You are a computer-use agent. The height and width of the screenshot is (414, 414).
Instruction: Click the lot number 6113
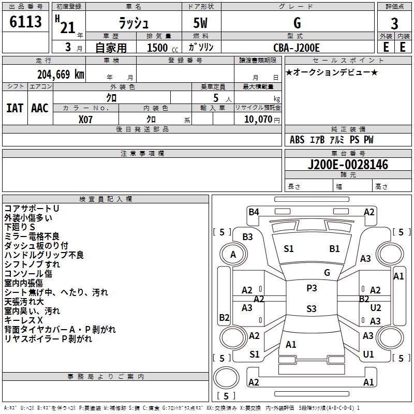point(25,22)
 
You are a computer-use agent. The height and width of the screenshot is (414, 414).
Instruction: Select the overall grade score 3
point(394,23)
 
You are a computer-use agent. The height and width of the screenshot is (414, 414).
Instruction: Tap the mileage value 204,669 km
point(61,75)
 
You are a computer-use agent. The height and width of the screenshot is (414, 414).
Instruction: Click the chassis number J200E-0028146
point(348,165)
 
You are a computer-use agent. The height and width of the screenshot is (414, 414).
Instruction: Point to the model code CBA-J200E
point(297,48)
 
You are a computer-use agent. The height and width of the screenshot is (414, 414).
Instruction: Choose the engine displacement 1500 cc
point(162,48)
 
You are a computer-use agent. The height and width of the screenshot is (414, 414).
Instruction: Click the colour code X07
point(85,120)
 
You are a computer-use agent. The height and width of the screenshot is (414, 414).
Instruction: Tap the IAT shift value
point(15,108)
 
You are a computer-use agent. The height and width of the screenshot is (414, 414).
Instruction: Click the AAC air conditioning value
point(40,108)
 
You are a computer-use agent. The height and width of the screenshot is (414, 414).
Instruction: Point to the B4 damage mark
point(254,212)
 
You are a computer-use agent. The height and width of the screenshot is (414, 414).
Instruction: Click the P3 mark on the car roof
point(312,288)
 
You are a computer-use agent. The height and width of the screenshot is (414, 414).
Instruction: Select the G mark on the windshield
point(327,273)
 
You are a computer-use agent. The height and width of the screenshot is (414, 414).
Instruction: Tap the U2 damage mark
point(376,308)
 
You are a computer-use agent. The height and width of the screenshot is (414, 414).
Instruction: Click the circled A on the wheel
point(233,255)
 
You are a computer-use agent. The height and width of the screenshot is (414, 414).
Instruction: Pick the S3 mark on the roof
point(312,308)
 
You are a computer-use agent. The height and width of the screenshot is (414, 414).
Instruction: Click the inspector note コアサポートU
point(32,209)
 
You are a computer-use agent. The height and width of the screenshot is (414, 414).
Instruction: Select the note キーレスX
point(23,320)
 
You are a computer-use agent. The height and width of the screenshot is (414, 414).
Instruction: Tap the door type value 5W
point(200,23)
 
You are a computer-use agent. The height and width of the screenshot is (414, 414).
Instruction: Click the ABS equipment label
point(297,140)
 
